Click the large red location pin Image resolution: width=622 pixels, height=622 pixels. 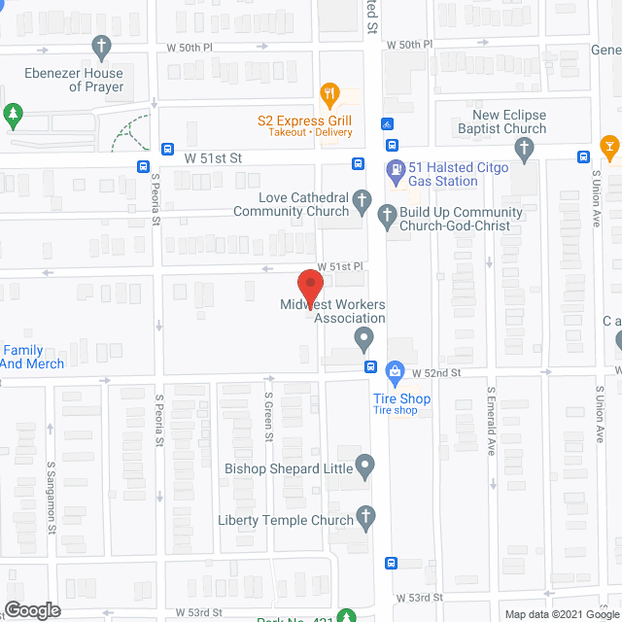point(309,287)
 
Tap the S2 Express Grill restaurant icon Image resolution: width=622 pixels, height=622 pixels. point(330,95)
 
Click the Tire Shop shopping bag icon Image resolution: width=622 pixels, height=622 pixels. point(395,371)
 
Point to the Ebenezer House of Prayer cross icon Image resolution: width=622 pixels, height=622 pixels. point(100,46)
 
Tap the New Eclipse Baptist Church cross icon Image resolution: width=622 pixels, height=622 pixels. point(525,149)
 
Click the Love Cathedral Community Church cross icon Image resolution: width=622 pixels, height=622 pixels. point(362,202)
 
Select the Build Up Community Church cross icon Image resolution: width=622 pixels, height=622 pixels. point(386,216)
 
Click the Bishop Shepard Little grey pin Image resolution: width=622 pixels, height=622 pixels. point(364,467)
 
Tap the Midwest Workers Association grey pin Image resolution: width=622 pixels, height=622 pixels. point(363,340)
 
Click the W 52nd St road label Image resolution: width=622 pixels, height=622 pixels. point(434,373)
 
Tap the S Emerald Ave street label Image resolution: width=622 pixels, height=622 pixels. point(492,421)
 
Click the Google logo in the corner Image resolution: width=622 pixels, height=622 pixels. point(32,609)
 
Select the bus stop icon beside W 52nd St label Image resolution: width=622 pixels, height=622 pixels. point(370,366)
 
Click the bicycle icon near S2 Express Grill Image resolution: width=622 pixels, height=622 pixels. point(387,124)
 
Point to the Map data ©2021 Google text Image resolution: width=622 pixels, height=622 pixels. point(560,613)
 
